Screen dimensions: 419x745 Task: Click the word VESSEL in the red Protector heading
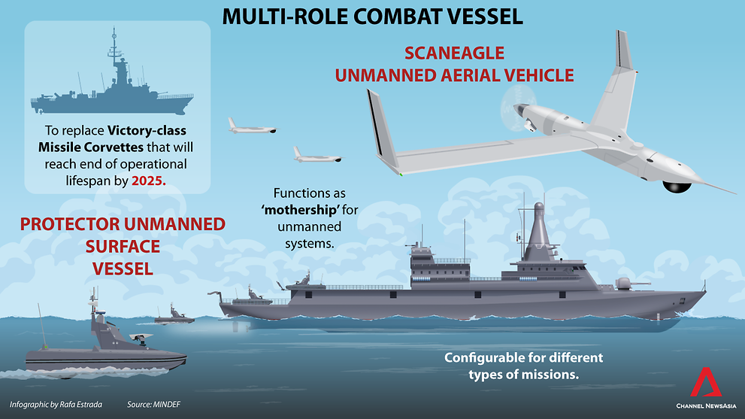click(x=123, y=267)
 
